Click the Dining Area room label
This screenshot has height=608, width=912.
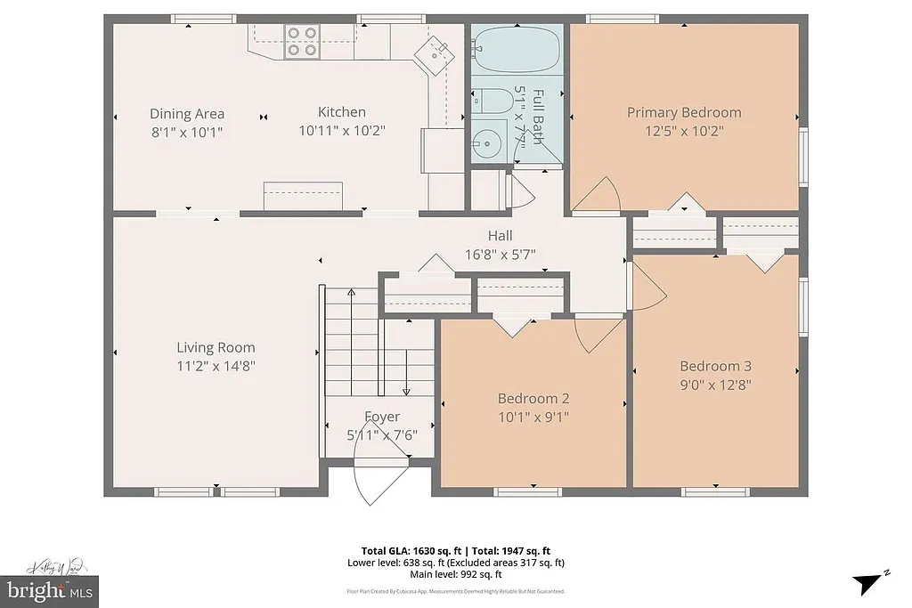[187, 113]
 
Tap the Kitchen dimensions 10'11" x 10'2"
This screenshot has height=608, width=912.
[342, 131]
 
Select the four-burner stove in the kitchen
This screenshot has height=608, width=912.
[302, 41]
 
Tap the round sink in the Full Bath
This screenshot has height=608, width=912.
[487, 142]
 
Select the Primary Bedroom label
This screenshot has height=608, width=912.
[684, 112]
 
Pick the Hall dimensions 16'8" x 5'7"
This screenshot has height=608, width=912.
[500, 255]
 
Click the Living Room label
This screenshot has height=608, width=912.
[216, 347]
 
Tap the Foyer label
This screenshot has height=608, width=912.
[382, 417]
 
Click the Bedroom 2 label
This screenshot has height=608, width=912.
[533, 398]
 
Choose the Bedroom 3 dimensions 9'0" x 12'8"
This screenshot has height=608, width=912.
[715, 385]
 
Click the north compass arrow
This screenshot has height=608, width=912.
[868, 582]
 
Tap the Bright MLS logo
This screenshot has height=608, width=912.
[49, 589]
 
